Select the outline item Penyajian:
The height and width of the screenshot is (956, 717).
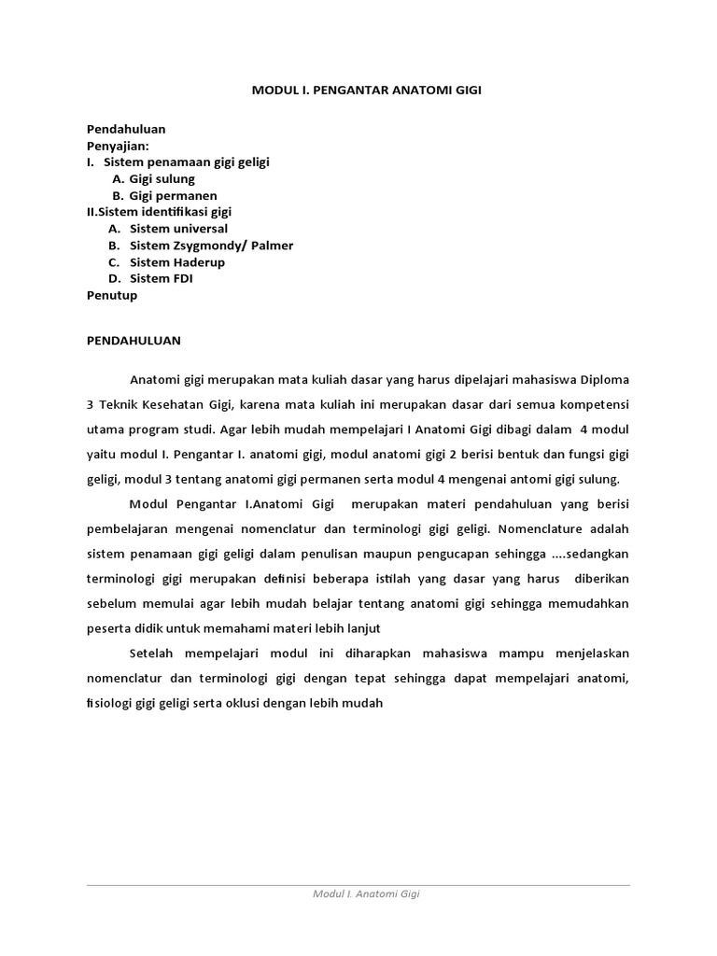pos(118,146)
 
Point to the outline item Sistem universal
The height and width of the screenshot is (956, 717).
pos(178,229)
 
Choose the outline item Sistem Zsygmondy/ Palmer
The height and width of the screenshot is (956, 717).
pos(211,246)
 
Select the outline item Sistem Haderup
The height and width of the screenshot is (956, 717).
pos(177,262)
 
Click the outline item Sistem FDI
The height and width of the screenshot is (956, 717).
pos(162,278)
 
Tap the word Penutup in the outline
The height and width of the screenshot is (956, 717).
pos(112,295)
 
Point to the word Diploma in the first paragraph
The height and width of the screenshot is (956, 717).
pos(603,381)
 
